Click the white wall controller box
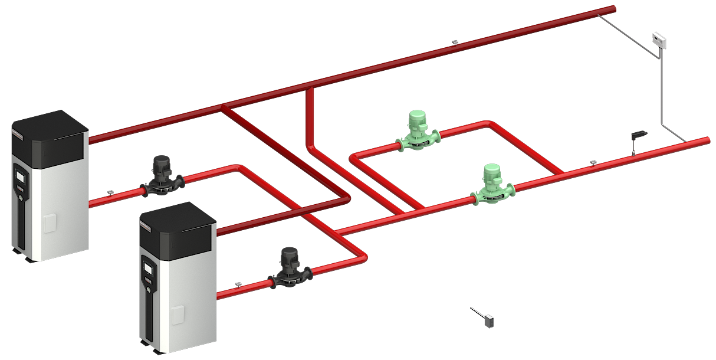(x=659, y=40)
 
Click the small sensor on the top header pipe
(x=455, y=42)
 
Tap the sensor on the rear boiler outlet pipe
(x=110, y=192)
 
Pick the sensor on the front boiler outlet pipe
(x=238, y=284)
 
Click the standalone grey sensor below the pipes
(x=488, y=322)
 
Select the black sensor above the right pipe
(x=638, y=136)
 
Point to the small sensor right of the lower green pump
(x=593, y=162)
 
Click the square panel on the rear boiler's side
(x=50, y=223)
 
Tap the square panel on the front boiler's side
(x=178, y=315)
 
